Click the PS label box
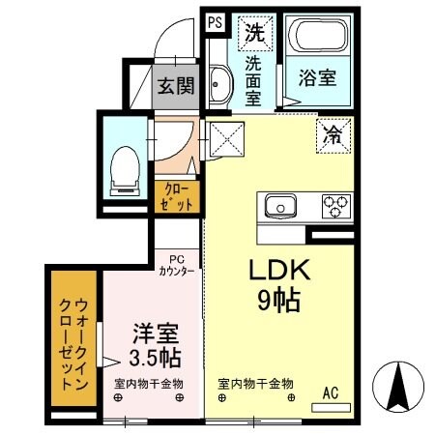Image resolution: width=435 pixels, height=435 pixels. coord(214,22)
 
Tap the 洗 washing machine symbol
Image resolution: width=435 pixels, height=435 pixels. coord(253,31)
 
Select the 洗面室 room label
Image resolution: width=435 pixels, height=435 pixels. coord(252,82)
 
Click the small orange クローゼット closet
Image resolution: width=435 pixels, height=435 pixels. coord(177,197)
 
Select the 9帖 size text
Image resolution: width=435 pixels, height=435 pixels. coord(276,299)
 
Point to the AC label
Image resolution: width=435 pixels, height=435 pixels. coord(331,392)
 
